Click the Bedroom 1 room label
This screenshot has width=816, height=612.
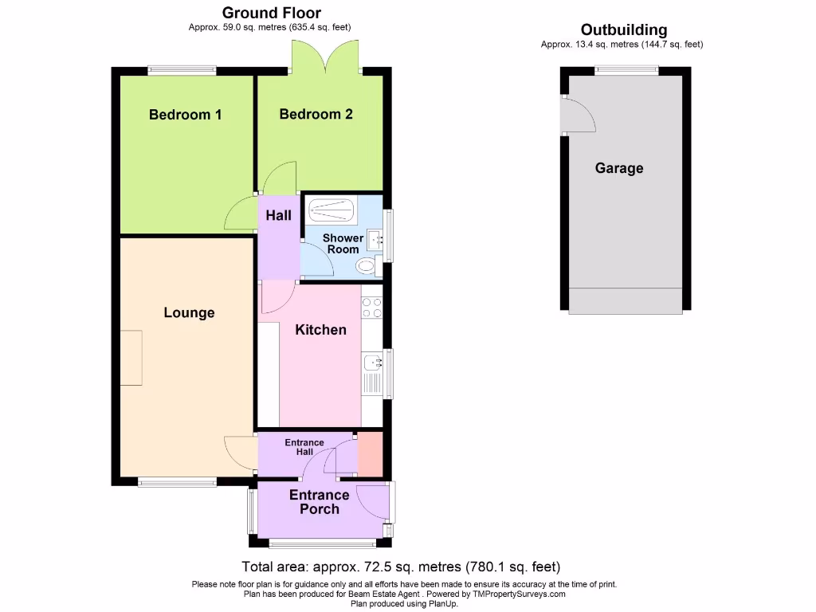pos(185,115)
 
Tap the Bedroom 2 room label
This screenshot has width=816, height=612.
pos(316,114)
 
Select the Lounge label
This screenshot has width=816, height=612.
pos(189,312)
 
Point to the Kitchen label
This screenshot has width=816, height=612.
pos(320,329)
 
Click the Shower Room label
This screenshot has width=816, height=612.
pos(342,244)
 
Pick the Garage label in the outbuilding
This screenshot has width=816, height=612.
pos(618,168)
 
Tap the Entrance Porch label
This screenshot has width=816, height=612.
pos(319,502)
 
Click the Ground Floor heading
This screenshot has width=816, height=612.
pos(271,13)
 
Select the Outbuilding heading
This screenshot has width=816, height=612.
pos(623,30)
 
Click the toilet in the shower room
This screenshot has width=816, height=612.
pos(367,265)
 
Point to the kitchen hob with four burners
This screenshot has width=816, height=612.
pos(371,307)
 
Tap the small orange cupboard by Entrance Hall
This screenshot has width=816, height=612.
pos(370,454)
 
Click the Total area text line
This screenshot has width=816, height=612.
pos(401,567)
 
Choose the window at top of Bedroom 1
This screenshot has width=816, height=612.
pos(182,70)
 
